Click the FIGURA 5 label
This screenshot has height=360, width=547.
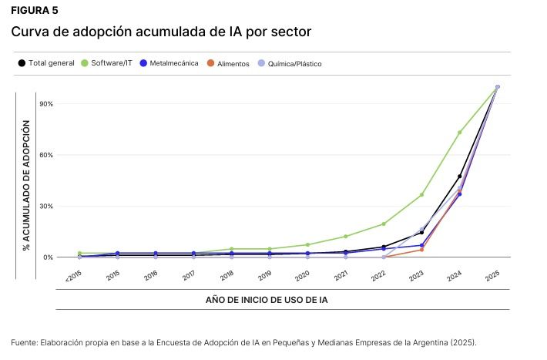(34, 11)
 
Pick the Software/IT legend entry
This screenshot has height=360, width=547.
(111, 62)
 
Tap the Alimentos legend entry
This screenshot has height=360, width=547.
(233, 63)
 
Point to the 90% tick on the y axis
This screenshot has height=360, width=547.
(45, 104)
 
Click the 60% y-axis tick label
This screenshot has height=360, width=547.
(45, 155)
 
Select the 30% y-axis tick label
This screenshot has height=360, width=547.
(45, 206)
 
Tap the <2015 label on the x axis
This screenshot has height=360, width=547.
(74, 274)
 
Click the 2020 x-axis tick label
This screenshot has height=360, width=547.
(303, 274)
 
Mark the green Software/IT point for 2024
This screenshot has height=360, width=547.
(460, 133)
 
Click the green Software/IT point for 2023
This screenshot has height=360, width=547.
(421, 194)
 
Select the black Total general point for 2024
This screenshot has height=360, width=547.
(460, 177)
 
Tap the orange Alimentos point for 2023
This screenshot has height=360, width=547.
(421, 249)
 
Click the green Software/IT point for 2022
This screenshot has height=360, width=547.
(384, 224)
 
